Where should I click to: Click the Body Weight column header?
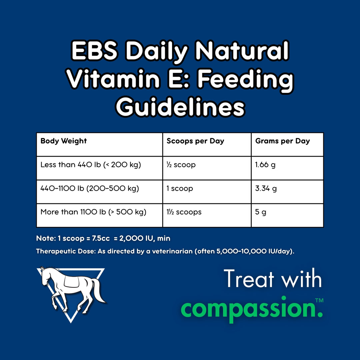(x=64, y=141)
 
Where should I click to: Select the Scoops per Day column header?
(x=195, y=141)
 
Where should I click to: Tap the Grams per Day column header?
(x=282, y=141)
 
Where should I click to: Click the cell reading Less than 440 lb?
(x=91, y=165)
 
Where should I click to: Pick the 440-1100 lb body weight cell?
(x=90, y=189)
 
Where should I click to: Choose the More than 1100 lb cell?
(x=93, y=212)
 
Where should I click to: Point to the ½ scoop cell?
(x=181, y=165)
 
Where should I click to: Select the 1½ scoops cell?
(x=184, y=212)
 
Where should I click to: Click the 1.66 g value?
(x=265, y=165)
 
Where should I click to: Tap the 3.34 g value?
(x=266, y=189)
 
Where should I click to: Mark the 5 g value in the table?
(x=261, y=212)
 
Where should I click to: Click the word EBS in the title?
(x=95, y=52)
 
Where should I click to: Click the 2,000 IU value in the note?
(x=136, y=239)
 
